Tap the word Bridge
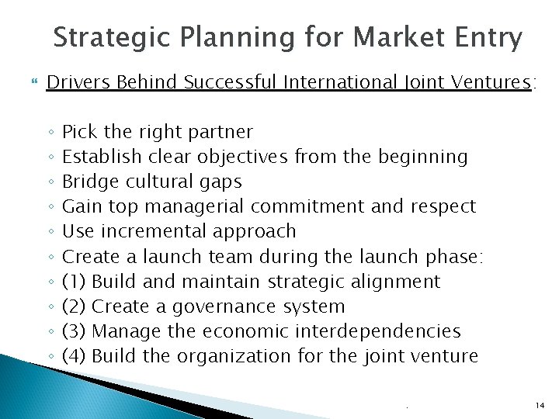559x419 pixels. pos(88,182)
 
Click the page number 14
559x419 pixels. pos(540,405)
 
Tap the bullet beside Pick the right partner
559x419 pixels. pos(50,133)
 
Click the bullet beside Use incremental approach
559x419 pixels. pos(50,232)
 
